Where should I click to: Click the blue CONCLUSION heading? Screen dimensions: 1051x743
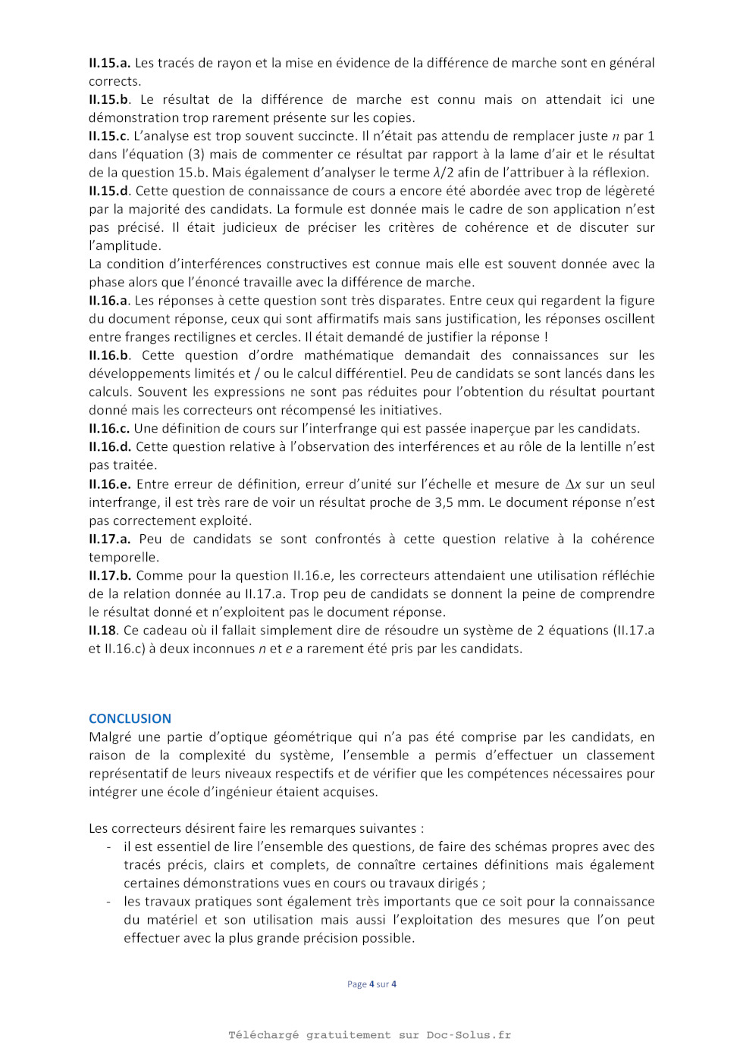coord(130,718)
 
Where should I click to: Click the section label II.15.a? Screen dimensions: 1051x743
coord(109,63)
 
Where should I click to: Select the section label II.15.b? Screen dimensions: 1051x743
coord(109,99)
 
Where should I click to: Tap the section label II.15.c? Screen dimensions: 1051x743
coord(108,136)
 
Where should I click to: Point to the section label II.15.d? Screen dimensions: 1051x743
coord(109,191)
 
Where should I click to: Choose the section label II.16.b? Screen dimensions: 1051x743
coord(109,355)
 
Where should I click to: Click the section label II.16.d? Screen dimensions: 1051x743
coord(109,446)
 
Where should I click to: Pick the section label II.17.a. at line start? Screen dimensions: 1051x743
coord(109,539)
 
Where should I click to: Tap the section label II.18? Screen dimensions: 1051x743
coord(103,630)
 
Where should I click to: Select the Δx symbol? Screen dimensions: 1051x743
coord(573,484)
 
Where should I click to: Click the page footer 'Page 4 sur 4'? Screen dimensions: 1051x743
coord(371,984)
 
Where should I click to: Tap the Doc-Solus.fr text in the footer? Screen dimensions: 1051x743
coord(469,1035)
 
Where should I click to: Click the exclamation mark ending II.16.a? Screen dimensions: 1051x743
coord(546,337)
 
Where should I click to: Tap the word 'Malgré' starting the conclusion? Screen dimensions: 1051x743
coord(110,737)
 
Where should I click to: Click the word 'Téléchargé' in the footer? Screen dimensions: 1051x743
coord(264,1035)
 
